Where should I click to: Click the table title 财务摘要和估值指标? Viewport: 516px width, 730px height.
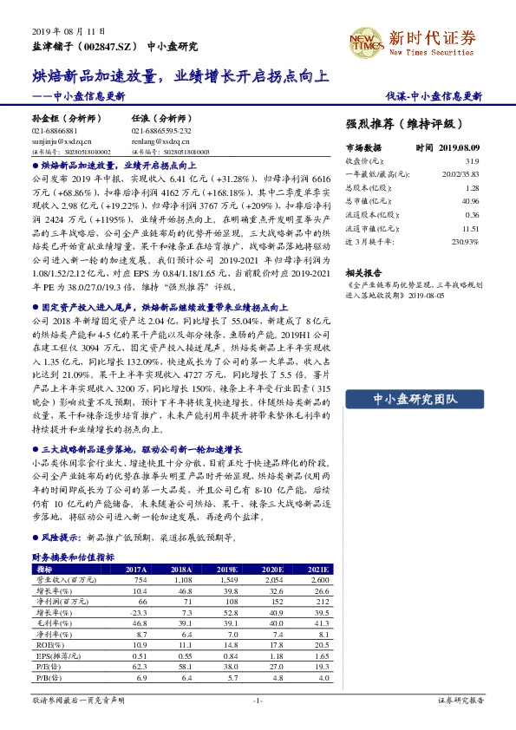click(x=73, y=557)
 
